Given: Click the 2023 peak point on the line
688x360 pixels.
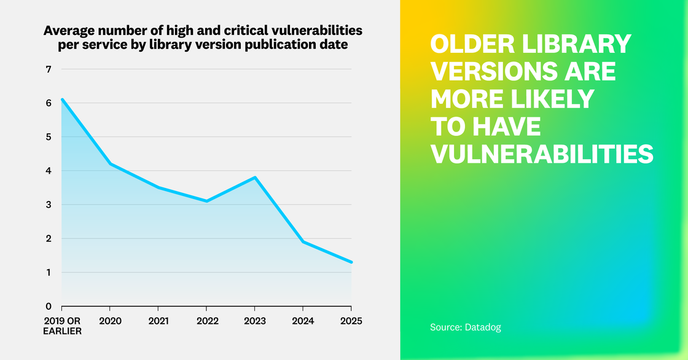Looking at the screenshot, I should [254, 178].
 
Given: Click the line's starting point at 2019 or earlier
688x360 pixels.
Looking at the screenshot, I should [62, 99].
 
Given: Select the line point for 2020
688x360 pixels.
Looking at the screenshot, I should [110, 163].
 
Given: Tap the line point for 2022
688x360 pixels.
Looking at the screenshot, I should [206, 201].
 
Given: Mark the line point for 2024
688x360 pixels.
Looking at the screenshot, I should [303, 241].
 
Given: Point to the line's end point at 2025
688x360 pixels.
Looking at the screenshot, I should [351, 262].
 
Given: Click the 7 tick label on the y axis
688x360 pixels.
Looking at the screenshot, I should [48, 69].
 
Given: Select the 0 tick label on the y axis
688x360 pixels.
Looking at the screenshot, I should [48, 307].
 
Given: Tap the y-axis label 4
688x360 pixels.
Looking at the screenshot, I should [48, 171].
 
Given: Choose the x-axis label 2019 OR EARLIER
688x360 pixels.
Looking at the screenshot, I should [61, 326].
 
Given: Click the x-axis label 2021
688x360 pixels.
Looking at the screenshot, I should [158, 321].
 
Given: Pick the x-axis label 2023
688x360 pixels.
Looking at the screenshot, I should [254, 321].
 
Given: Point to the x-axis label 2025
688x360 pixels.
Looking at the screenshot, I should [351, 321].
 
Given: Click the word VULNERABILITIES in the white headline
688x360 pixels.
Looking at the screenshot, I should [541, 153].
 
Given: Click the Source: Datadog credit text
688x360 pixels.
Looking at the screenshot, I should [465, 327].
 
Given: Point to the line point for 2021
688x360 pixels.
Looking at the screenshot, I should [158, 187].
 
